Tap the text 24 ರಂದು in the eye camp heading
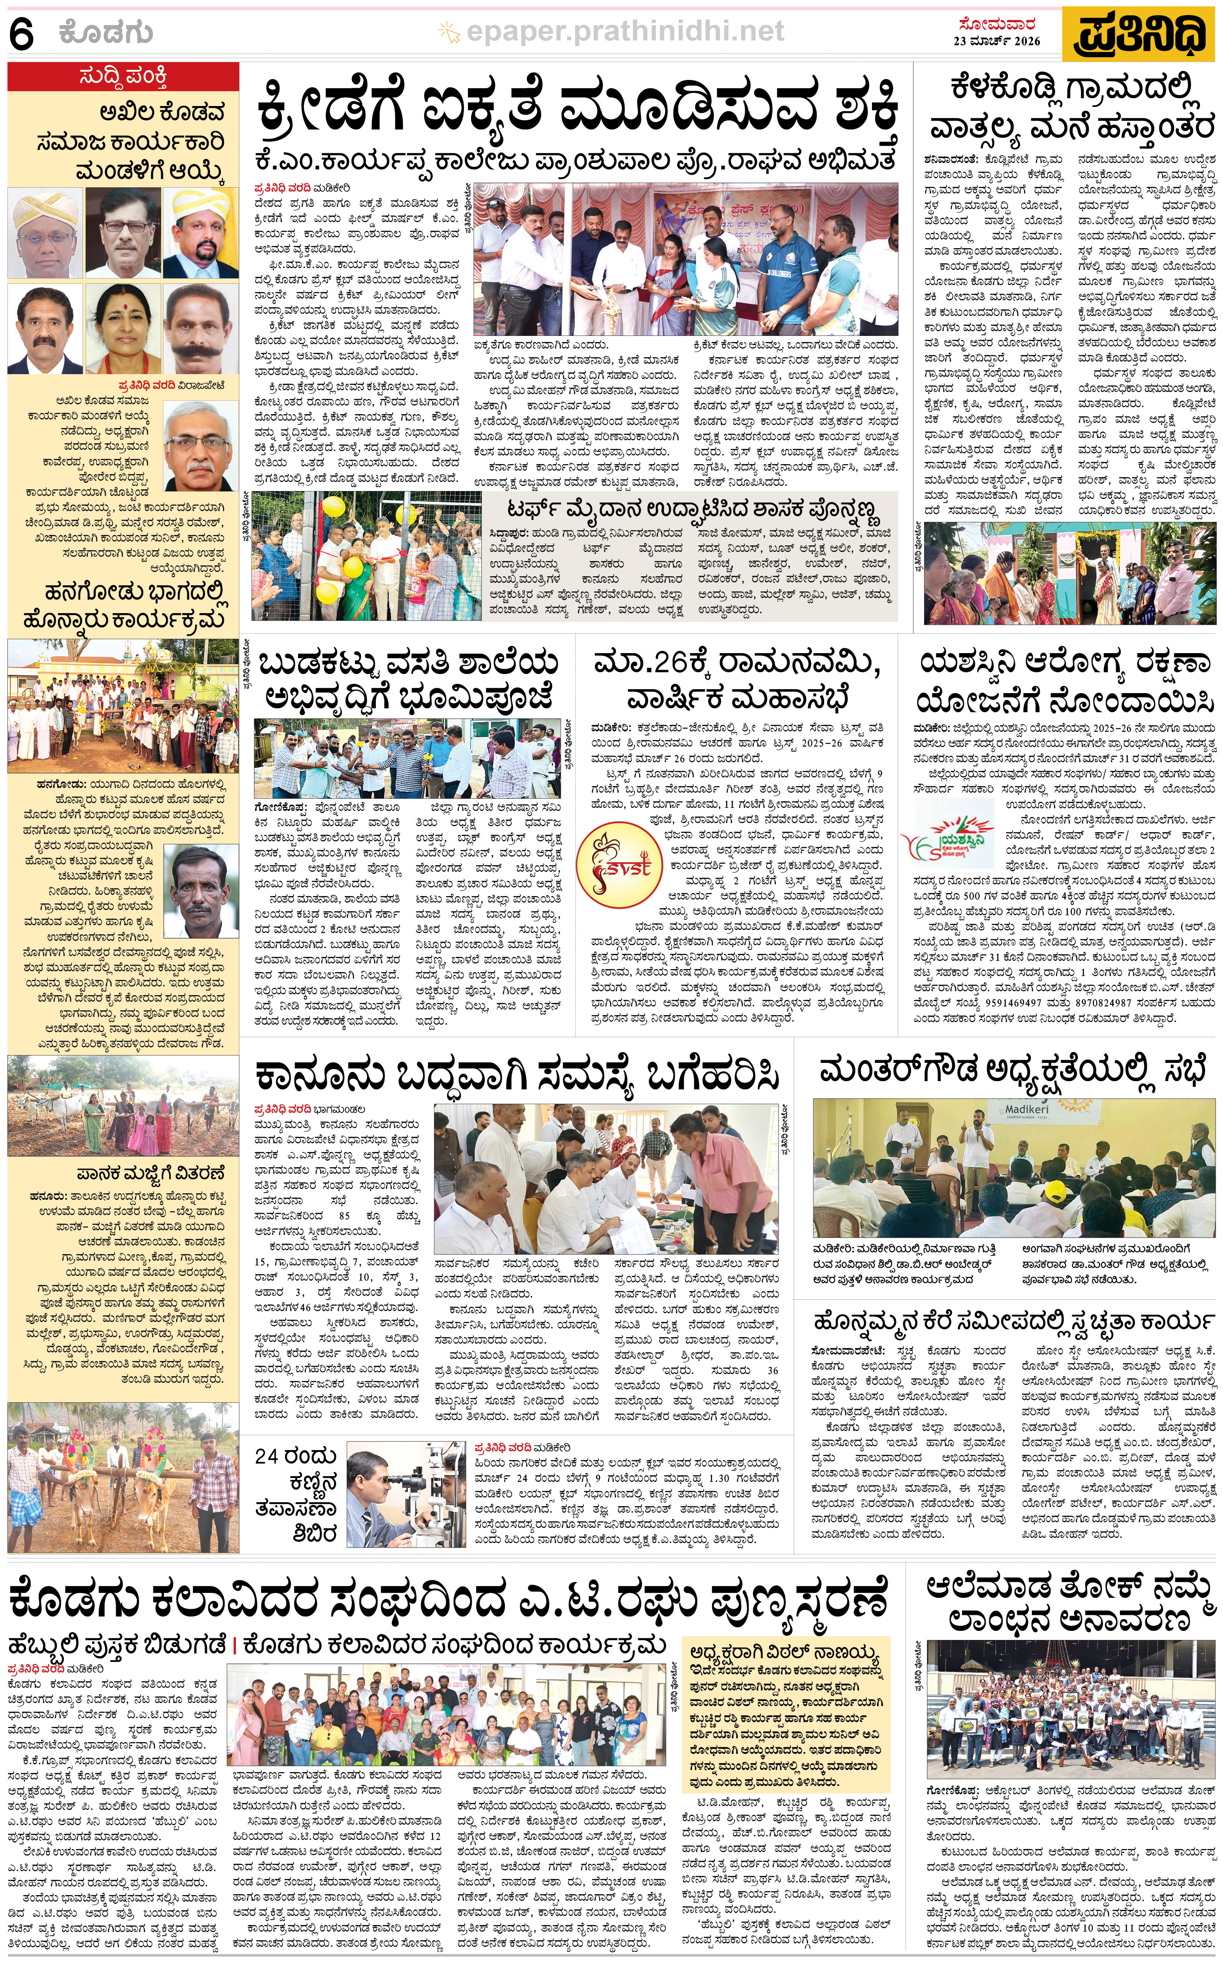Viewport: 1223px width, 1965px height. pyautogui.click(x=295, y=1456)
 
